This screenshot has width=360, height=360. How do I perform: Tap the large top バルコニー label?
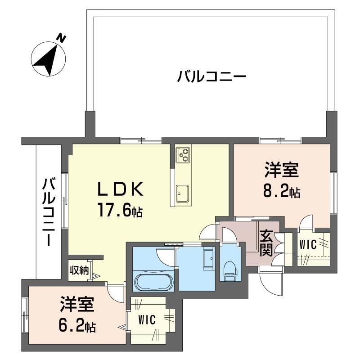pos(211,76)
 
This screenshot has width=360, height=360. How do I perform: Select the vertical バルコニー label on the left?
pos(49,212)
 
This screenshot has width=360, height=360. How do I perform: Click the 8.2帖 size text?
pos(282,193)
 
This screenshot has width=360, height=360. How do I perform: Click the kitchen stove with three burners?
pos(183,155)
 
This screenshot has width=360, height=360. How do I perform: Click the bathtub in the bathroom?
pos(153,282)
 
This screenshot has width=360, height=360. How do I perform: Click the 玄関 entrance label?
pos(265,243)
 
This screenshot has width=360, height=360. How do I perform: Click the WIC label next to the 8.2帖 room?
pos(309,245)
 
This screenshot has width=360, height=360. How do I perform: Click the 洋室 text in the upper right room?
pos(282,171)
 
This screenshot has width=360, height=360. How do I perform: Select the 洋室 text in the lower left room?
pos(77,305)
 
